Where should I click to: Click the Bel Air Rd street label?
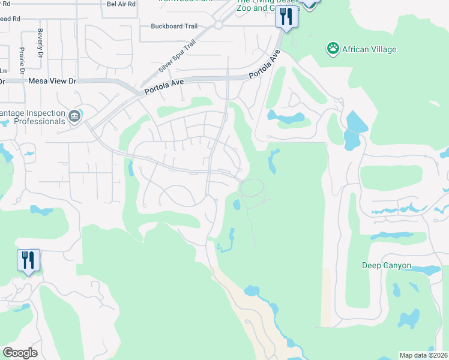point(121,4)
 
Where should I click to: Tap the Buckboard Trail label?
point(173,26)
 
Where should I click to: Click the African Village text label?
point(369,49)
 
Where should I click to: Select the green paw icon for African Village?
point(332,48)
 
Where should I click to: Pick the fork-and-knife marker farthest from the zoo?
point(28,262)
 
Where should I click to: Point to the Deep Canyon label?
point(387,265)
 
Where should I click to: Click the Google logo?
point(20,353)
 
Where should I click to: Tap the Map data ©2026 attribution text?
point(423,355)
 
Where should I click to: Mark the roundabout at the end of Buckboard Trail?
point(218,25)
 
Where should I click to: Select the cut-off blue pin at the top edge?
point(309,4)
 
